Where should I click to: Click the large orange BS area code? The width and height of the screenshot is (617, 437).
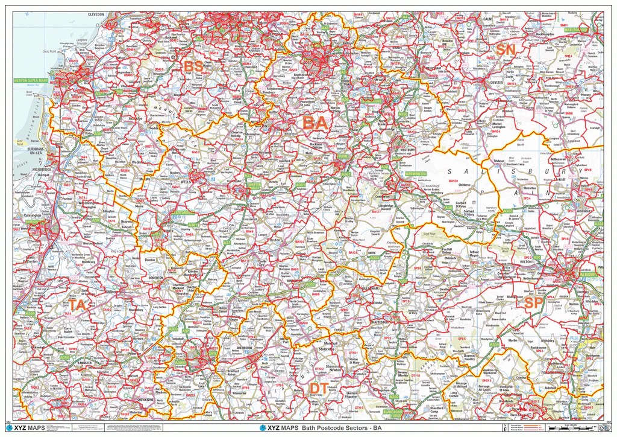pyautogui.click(x=193, y=66)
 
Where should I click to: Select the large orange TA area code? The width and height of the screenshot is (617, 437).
pyautogui.click(x=77, y=305)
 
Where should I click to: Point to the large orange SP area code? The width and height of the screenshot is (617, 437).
pyautogui.click(x=534, y=303)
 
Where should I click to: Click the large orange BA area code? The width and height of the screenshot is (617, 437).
pyautogui.click(x=315, y=123)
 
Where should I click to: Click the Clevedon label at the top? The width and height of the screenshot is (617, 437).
pyautogui.click(x=96, y=14)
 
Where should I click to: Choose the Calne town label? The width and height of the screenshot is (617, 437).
pyautogui.click(x=489, y=19)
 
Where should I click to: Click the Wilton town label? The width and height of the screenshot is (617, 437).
pyautogui.click(x=525, y=263)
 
